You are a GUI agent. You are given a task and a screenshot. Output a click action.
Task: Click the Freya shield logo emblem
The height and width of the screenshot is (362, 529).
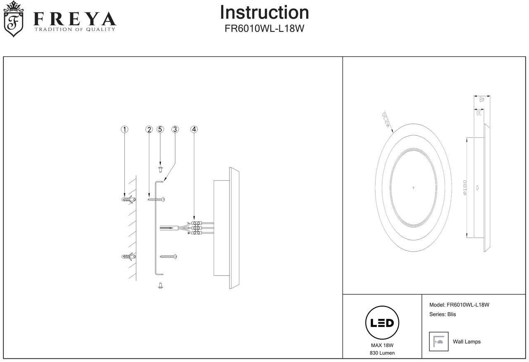13,19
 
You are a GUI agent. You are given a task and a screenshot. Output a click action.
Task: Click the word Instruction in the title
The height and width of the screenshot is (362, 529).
264,12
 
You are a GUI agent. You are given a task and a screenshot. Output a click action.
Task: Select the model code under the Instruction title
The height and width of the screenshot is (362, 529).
264,29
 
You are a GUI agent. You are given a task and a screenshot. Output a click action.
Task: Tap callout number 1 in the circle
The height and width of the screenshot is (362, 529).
124,129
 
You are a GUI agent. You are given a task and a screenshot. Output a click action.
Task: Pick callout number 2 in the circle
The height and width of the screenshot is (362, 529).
149,129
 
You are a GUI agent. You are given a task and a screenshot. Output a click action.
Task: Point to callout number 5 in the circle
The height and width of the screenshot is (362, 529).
160,129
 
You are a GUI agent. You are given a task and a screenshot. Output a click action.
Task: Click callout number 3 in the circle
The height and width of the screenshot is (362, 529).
175,129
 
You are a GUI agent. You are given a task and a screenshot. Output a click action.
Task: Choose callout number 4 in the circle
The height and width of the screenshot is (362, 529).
194,129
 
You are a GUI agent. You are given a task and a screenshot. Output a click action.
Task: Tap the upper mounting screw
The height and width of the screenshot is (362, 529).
157,199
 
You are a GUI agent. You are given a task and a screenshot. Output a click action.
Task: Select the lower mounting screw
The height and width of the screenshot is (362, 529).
169,257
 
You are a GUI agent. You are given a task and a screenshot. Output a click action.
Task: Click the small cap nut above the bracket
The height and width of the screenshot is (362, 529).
160,168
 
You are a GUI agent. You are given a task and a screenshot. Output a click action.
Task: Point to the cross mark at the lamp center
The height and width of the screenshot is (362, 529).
413,187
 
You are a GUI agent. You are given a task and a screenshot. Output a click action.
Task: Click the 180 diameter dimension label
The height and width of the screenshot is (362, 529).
465,187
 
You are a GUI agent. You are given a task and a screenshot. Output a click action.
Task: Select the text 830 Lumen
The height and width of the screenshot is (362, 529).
382,353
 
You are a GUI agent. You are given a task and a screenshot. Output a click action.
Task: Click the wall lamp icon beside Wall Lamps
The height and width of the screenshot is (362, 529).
438,341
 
